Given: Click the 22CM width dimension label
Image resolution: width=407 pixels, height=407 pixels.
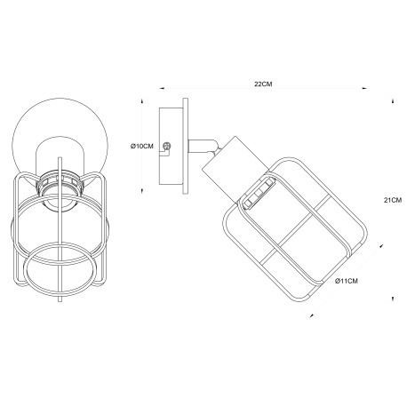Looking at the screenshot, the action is coord(263,84).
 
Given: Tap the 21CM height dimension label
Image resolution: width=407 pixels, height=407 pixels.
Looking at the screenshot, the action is coord(393,200).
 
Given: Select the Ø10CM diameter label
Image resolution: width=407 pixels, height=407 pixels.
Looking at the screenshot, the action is coord(142,146).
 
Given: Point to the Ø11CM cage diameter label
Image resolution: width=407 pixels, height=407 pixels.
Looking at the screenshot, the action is coord(347,281).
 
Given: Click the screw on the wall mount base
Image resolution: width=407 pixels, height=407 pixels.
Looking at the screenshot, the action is coord(167,146).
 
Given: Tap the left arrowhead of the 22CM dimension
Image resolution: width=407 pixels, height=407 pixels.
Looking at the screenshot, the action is coord(162,88).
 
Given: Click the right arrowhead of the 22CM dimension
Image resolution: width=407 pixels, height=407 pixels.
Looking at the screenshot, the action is coord(364,88).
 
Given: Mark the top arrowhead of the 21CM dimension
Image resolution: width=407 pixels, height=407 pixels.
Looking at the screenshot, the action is coord(393,100).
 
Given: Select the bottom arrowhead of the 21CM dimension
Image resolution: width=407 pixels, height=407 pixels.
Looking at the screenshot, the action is coord(393,299).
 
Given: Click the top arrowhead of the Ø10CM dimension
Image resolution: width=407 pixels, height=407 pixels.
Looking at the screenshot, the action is coord(142,101).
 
